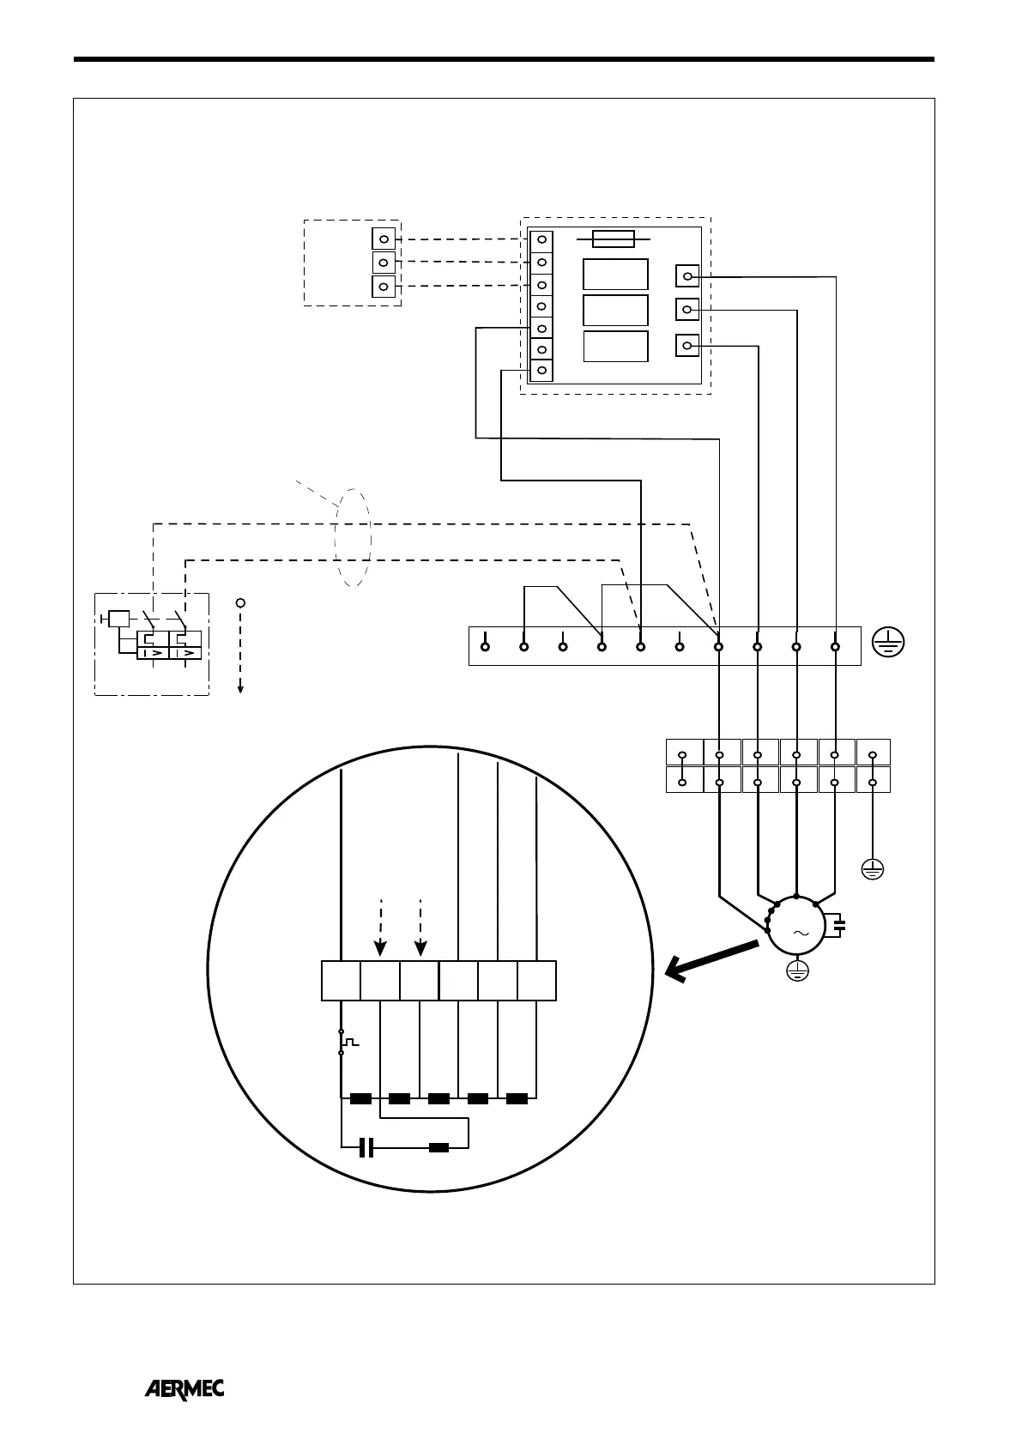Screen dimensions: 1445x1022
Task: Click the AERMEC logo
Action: pyautogui.click(x=184, y=1389)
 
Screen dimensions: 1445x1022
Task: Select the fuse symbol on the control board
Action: pyautogui.click(x=614, y=239)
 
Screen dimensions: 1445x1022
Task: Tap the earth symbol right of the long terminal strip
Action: pyautogui.click(x=888, y=643)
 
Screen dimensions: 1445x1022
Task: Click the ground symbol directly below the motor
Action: pyautogui.click(x=798, y=970)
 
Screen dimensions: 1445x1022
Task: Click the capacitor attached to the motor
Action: pyautogui.click(x=839, y=926)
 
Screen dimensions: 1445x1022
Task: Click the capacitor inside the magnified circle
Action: pyautogui.click(x=366, y=1147)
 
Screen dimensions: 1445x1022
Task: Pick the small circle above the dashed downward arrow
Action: pyautogui.click(x=240, y=602)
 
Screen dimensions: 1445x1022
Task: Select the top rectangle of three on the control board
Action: pyautogui.click(x=615, y=275)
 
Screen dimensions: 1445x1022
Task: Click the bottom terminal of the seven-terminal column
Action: pyautogui.click(x=541, y=371)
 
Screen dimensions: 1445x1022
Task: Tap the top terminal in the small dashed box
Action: pyautogui.click(x=384, y=239)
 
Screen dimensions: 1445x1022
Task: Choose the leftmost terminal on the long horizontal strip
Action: pyautogui.click(x=485, y=646)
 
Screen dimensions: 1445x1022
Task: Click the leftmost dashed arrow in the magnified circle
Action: pyautogui.click(x=380, y=926)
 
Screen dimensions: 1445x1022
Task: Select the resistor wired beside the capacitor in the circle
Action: pyautogui.click(x=438, y=1147)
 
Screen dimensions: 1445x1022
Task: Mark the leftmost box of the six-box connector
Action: pyautogui.click(x=341, y=981)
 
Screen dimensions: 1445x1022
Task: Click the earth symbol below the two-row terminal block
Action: pyautogui.click(x=872, y=871)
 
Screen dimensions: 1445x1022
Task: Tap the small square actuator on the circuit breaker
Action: pyautogui.click(x=119, y=618)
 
